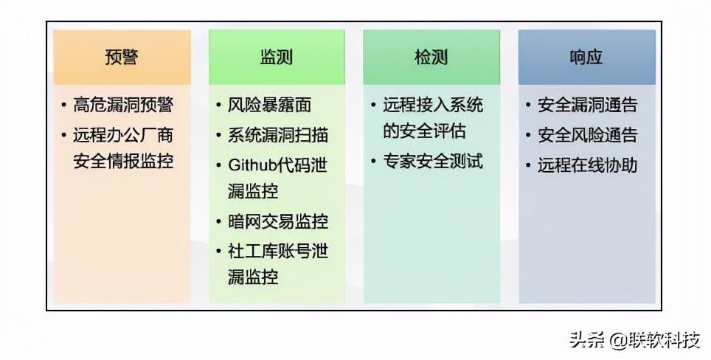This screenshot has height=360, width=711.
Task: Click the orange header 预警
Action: click(x=122, y=58)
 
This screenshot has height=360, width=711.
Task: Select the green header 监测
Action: click(x=277, y=58)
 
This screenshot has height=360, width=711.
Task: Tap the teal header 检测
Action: click(x=431, y=58)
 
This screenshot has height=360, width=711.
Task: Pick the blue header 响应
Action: click(x=586, y=58)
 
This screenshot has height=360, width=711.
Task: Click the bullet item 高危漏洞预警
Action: click(x=123, y=105)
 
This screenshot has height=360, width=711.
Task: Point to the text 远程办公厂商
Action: click(x=123, y=135)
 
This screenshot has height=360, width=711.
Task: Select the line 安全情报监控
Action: click(x=123, y=161)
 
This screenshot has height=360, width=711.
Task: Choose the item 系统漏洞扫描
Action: click(x=278, y=135)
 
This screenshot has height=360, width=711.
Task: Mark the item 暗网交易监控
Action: click(x=278, y=221)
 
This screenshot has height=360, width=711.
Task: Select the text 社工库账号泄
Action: click(x=278, y=251)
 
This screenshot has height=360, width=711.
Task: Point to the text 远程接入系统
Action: click(x=433, y=105)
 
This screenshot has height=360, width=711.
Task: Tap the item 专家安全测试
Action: click(x=433, y=161)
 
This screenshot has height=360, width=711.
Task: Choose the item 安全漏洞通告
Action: click(x=588, y=105)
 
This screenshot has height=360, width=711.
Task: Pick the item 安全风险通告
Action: click(x=588, y=135)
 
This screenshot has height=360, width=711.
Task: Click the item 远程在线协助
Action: click(x=588, y=165)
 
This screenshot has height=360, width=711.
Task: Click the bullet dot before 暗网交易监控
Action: click(x=219, y=222)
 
